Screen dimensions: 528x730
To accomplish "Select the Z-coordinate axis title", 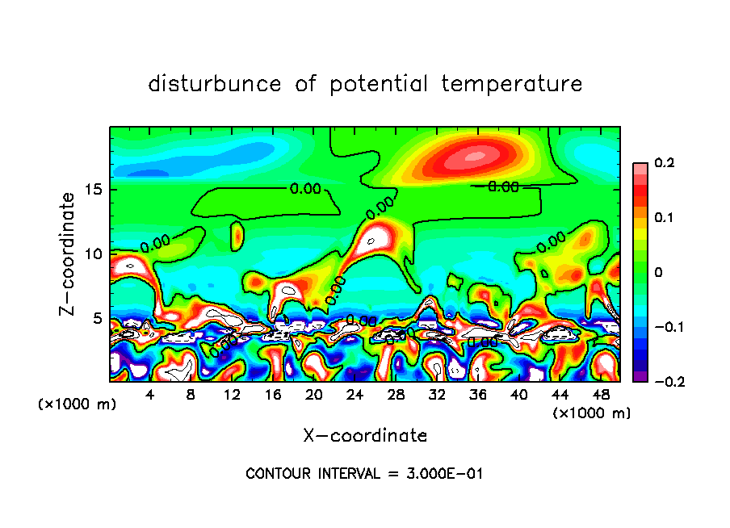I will coord(68,254).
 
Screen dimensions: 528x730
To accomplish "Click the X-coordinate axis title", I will coord(365,436).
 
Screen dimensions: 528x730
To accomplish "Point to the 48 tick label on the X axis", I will coord(600,395).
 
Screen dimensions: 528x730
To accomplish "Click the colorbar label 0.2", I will coord(664,163).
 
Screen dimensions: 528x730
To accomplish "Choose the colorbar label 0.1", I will coord(664,218).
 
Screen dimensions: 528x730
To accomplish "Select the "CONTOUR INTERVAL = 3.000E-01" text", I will coord(364,474).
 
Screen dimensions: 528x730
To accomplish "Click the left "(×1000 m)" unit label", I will coord(78,404).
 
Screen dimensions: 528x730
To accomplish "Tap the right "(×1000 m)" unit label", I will coord(592,413).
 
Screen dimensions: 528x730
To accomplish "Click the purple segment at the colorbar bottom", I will coord(639,375).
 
